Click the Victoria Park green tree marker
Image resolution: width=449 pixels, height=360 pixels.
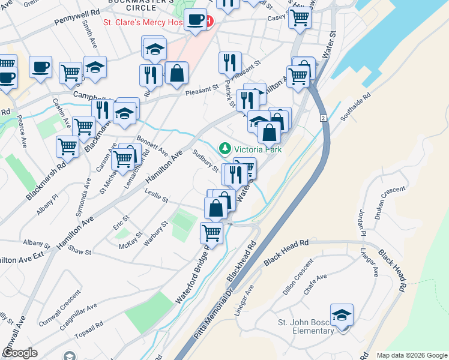tap(225, 148)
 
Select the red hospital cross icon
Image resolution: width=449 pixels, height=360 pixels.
tap(208, 22)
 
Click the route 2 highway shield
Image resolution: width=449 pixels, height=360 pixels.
tap(323, 119)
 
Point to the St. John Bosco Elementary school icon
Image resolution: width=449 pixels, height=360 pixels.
tap(342, 314)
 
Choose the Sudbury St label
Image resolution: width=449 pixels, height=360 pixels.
tap(205, 160)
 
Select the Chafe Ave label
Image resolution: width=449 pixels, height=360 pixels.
tap(315, 284)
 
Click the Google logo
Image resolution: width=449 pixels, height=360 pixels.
tap(20, 352)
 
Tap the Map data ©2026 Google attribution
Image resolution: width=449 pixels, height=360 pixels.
tap(411, 355)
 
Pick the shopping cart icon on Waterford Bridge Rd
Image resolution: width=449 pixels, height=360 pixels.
tap(211, 232)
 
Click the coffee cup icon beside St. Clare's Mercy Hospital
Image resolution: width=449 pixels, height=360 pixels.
tap(196, 20)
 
